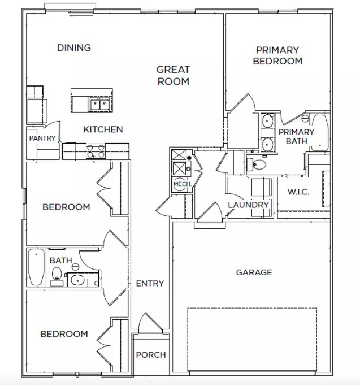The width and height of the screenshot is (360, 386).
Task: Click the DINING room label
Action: pyautogui.click(x=74, y=47)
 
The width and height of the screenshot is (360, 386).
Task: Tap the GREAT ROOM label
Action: pyautogui.click(x=174, y=75)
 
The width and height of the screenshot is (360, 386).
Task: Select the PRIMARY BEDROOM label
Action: pyautogui.click(x=277, y=55)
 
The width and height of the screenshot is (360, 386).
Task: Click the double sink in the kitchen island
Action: pyautogui.click(x=99, y=105)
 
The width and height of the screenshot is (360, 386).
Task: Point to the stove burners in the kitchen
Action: pyautogui.click(x=96, y=151)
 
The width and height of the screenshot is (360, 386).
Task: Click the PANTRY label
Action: pyautogui.click(x=42, y=138)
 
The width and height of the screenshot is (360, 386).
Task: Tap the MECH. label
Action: pyautogui.click(x=183, y=184)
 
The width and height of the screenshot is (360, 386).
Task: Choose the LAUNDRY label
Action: pyautogui.click(x=248, y=205)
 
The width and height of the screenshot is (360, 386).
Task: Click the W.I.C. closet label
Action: pyautogui.click(x=298, y=192)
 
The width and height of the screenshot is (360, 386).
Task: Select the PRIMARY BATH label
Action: pyautogui.click(x=297, y=136)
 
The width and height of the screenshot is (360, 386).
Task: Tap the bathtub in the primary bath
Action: pyautogui.click(x=319, y=133)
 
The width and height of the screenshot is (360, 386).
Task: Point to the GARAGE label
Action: pyautogui.click(x=254, y=272)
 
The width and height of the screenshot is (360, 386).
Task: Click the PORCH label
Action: pyautogui.click(x=151, y=355)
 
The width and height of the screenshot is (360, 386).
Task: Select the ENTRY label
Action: pyautogui.click(x=150, y=283)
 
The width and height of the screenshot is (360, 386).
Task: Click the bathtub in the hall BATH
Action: pyautogui.click(x=36, y=267)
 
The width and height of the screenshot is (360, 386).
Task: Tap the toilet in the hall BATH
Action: pyautogui.click(x=57, y=276)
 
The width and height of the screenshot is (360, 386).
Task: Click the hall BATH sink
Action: pyautogui.click(x=77, y=280)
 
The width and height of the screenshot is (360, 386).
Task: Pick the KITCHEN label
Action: pyautogui.click(x=103, y=129)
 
